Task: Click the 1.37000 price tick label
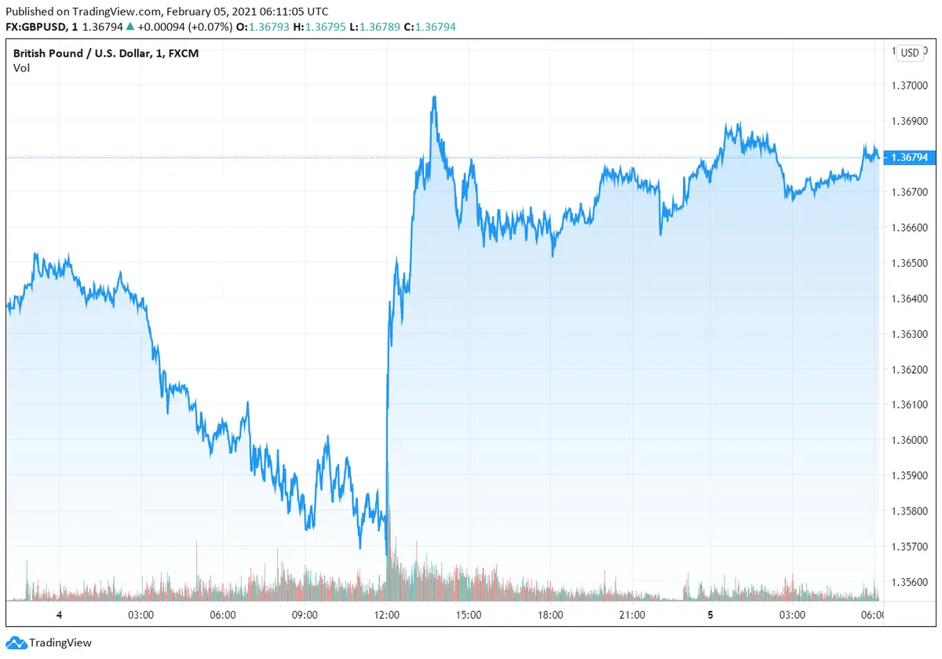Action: (909, 86)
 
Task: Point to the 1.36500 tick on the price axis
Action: (909, 262)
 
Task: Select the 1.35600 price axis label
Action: (909, 581)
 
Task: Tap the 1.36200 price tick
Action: (909, 369)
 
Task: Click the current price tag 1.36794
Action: (909, 157)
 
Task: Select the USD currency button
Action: (910, 53)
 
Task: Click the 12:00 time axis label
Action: (387, 615)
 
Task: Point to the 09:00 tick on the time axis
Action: (305, 615)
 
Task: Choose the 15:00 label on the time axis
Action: (469, 615)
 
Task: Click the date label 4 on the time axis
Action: (59, 615)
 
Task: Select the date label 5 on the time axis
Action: (710, 615)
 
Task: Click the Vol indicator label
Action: (21, 68)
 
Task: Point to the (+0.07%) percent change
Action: (206, 27)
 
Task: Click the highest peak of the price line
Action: (434, 97)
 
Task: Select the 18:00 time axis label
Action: (550, 615)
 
